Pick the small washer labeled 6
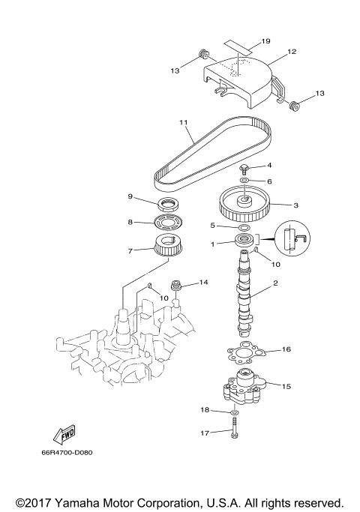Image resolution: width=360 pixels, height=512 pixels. point(245,181)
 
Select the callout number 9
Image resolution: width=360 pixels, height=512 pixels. point(130,196)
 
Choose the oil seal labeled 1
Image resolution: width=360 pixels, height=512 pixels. point(245,241)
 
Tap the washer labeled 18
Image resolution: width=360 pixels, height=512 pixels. point(235,412)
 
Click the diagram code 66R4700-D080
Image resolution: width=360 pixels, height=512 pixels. point(72,452)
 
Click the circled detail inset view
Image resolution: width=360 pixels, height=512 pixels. point(292,241)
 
